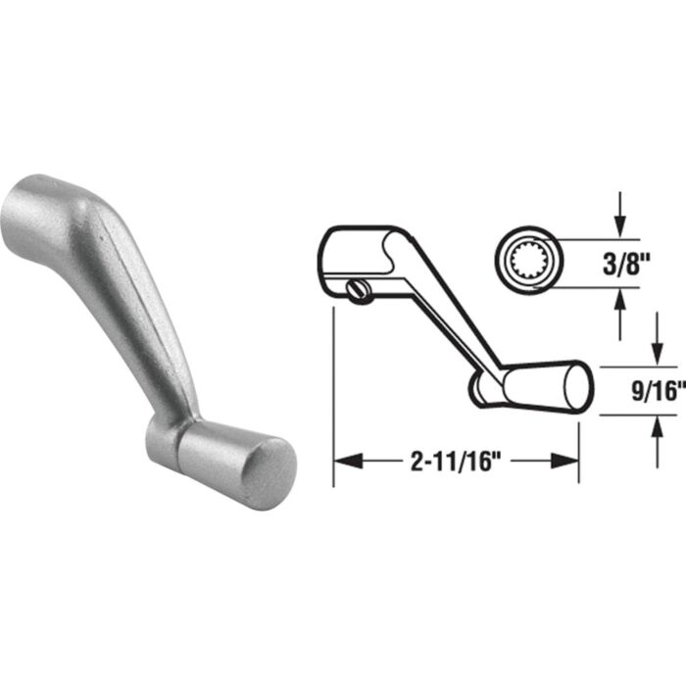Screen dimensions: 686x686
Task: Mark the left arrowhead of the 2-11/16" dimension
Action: coord(345,461)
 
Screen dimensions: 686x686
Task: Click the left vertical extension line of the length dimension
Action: coord(334,392)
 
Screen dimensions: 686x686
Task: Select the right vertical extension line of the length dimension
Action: coord(578,441)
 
